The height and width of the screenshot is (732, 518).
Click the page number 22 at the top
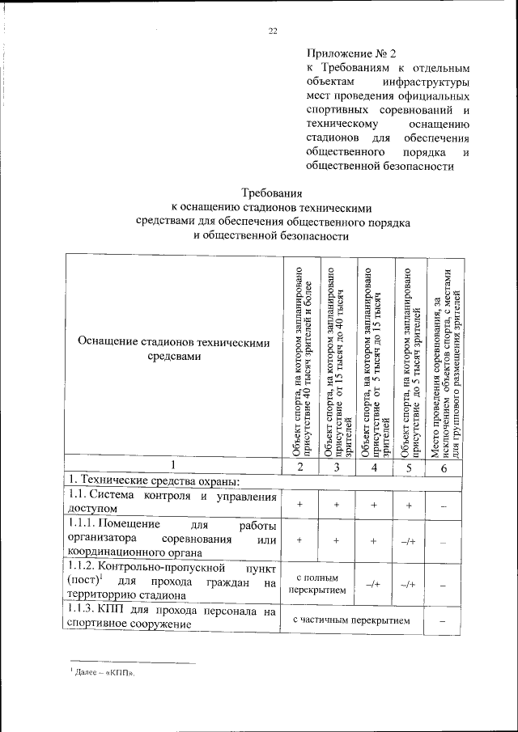tap(273, 31)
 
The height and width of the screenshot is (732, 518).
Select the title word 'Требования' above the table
tap(273, 193)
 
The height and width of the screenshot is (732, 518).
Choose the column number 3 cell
tap(336, 468)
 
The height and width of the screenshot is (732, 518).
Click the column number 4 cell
tap(374, 468)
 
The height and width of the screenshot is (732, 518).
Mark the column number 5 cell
tap(411, 468)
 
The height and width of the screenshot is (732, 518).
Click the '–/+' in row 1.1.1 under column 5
tap(411, 541)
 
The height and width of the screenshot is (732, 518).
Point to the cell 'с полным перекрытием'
tap(317, 584)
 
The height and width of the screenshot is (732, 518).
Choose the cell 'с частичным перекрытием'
tap(355, 620)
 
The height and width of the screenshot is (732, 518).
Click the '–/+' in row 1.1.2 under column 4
tap(374, 585)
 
